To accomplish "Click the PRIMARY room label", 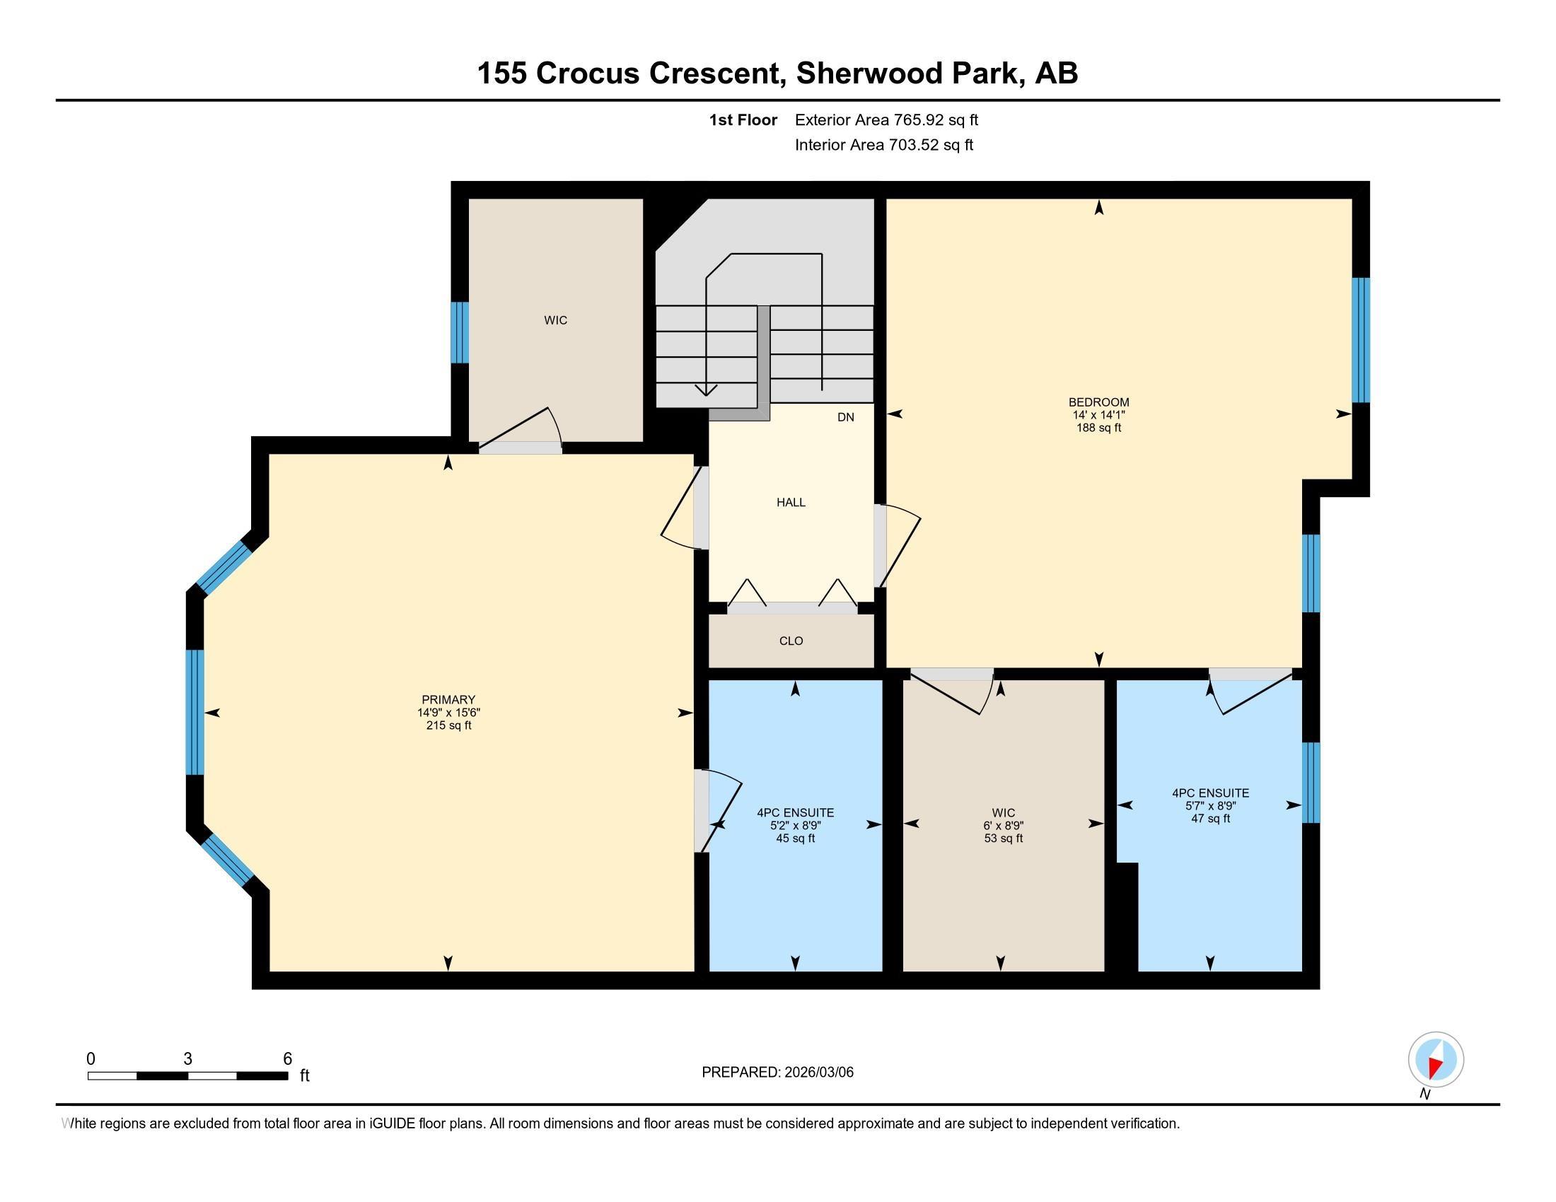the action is coord(448,699).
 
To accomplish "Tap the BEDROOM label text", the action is coord(1098,402).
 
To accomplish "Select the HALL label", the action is coord(791,502).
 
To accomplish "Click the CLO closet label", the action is coord(791,641).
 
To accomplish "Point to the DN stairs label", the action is coord(846,417).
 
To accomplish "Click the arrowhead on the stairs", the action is coord(706,390).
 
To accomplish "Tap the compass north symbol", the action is coord(1436,1060).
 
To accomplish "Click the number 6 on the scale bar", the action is coord(288,1059).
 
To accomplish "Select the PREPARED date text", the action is coord(777,1073).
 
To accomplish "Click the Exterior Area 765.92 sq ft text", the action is coord(886,119).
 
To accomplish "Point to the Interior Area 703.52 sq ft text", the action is coord(884,145).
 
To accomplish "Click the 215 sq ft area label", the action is coord(449,725).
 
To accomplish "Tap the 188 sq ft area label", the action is coord(1099,428).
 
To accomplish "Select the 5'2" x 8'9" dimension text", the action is coord(795,826).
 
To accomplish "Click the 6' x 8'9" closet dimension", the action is coord(1004,826).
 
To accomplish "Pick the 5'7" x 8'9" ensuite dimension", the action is coord(1210,806).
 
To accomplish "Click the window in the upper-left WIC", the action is coord(460,332).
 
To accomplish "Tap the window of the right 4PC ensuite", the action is coord(1311,783).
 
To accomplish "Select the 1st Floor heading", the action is coord(743,119).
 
